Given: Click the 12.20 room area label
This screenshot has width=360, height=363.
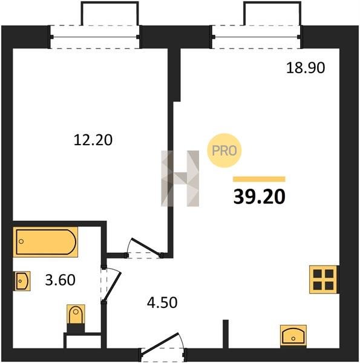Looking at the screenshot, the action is tap(93, 140).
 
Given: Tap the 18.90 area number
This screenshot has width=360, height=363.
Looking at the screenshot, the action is tap(306, 68).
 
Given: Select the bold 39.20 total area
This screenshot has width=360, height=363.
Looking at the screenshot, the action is tap(260, 197).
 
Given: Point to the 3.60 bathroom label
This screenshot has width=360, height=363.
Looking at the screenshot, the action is tap(60, 280).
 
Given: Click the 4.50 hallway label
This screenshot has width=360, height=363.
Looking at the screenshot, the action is tap(162, 302).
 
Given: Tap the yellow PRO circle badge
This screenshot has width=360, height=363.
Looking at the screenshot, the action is tap(224, 151).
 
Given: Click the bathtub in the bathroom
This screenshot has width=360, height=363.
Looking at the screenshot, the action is tap(45, 242).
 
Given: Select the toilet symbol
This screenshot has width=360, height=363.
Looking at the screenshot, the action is tap(76, 318).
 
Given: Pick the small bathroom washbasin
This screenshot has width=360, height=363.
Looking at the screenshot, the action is tap(22, 281).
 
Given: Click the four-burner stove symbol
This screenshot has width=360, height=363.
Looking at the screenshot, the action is tap(324, 280).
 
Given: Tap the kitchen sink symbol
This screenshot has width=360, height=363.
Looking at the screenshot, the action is tap(293, 336).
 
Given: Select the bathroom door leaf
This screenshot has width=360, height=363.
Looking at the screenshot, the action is tap(112, 287).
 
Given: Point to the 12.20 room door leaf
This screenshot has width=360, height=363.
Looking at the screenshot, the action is tap(146, 247).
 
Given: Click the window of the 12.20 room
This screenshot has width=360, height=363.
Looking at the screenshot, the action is tap(95, 37).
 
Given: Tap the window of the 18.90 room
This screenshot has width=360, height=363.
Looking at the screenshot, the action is tap(257, 37).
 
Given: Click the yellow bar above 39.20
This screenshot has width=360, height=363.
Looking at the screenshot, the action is tap(259, 179).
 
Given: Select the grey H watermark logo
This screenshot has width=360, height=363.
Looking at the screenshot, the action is tap(180, 178).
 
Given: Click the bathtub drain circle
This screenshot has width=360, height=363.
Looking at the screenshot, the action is tap(21, 241).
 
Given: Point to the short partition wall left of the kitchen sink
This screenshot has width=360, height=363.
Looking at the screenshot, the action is tap(226, 334).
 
